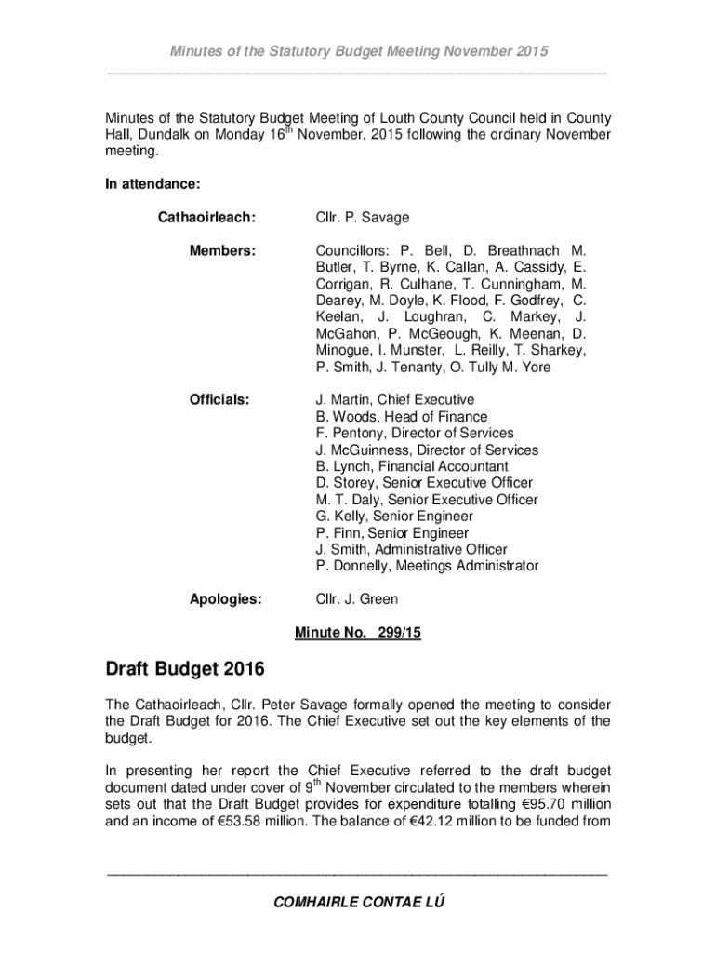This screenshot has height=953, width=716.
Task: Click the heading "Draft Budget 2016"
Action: pos(184,669)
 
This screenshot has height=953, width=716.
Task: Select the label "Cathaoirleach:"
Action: pos(206,218)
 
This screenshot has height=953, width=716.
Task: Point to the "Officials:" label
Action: pos(219,400)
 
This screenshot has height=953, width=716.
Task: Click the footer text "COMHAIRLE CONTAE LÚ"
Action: pos(358,903)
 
